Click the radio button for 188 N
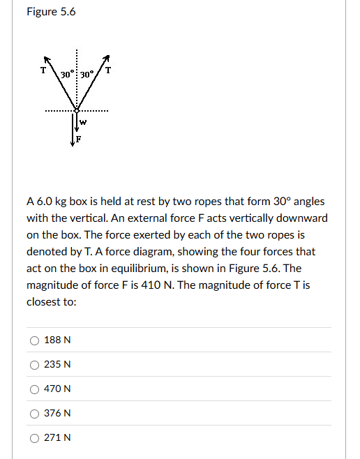(x=33, y=340)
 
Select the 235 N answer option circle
(x=33, y=365)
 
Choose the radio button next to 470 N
(x=33, y=389)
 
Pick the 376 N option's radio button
(x=33, y=414)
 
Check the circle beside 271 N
(x=33, y=438)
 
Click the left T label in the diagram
(x=43, y=69)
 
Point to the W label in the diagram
(x=83, y=122)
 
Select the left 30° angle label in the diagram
(x=67, y=75)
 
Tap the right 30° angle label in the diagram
(x=87, y=75)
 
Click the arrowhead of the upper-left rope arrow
(x=47, y=58)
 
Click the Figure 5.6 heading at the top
(x=51, y=13)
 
